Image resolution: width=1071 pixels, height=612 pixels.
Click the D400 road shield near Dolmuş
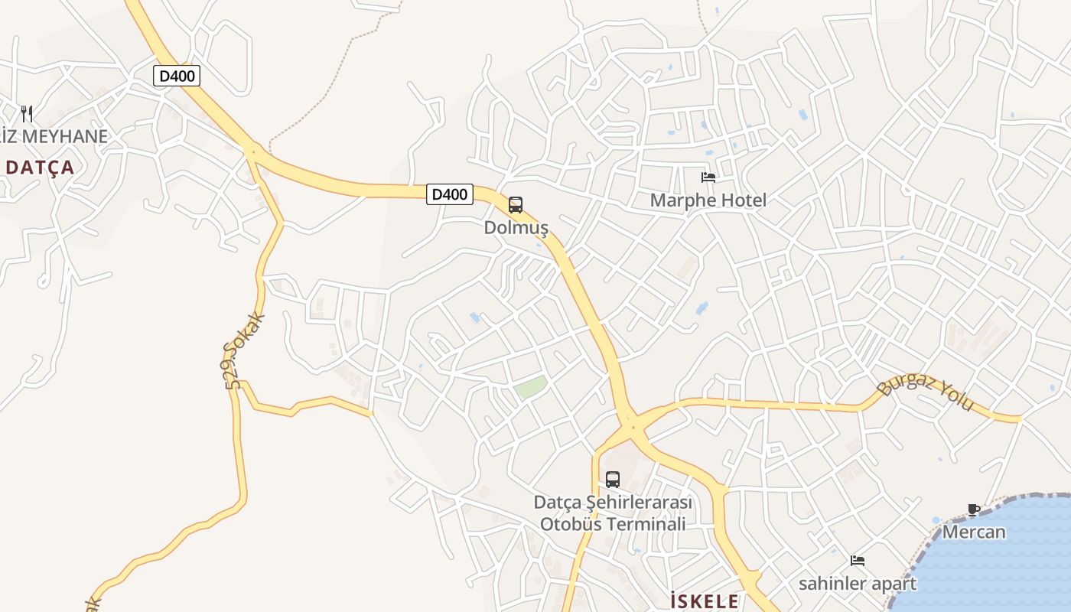pyautogui.click(x=450, y=194)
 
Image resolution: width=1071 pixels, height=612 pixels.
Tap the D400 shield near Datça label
pyautogui.click(x=177, y=76)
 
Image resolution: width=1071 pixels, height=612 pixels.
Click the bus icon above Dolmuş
pyautogui.click(x=516, y=205)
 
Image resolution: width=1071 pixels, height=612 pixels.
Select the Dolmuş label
pyautogui.click(x=516, y=227)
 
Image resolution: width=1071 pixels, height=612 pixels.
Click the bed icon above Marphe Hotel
pyautogui.click(x=708, y=177)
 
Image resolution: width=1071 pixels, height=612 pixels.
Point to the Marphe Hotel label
pyautogui.click(x=708, y=200)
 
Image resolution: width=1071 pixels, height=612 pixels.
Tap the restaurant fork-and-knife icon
pyautogui.click(x=27, y=114)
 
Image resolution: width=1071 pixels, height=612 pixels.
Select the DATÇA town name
pyautogui.click(x=40, y=168)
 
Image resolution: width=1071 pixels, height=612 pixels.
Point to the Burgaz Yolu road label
pyautogui.click(x=926, y=391)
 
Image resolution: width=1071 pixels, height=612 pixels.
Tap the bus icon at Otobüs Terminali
pyautogui.click(x=613, y=480)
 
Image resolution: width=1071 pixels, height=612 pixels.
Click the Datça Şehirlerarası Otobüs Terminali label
pyautogui.click(x=613, y=513)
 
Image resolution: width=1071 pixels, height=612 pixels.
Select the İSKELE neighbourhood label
pyautogui.click(x=705, y=601)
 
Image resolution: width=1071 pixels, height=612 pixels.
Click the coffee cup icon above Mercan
pyautogui.click(x=974, y=509)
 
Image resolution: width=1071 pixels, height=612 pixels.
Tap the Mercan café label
pyautogui.click(x=974, y=531)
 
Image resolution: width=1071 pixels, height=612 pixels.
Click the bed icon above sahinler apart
pyautogui.click(x=858, y=561)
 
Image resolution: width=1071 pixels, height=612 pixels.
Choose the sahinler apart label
pyautogui.click(x=858, y=584)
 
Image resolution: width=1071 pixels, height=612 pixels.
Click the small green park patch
pyautogui.click(x=530, y=386)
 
